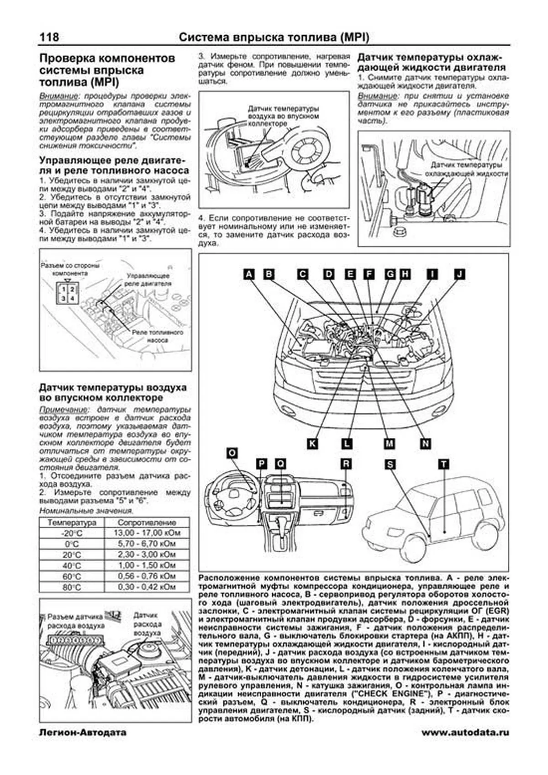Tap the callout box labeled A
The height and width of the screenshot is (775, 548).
point(248,274)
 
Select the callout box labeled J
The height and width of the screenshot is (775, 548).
point(459,274)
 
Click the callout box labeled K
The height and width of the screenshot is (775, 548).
point(312,443)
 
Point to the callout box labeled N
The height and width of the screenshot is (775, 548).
point(425,443)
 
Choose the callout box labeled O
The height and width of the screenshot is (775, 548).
point(232,453)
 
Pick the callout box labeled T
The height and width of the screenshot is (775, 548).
point(444,464)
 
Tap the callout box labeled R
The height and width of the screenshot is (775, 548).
point(346,464)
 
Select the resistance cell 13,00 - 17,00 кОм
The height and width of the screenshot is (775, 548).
point(147,533)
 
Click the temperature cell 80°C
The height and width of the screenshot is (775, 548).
point(72,588)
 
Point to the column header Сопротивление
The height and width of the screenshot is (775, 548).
point(147,522)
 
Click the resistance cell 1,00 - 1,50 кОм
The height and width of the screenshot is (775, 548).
point(147,565)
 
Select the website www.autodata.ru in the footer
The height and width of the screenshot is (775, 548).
point(465,733)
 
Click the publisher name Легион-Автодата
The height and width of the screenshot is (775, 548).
point(83,733)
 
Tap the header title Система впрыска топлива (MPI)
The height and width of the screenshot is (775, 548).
point(274,37)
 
